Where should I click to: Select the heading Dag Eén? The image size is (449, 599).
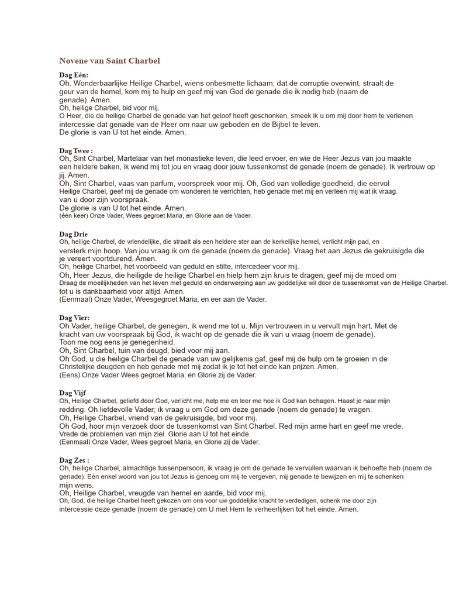click(x=74, y=76)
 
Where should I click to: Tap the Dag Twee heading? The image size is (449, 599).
click(x=76, y=150)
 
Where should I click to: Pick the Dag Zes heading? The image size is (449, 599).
click(x=74, y=460)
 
